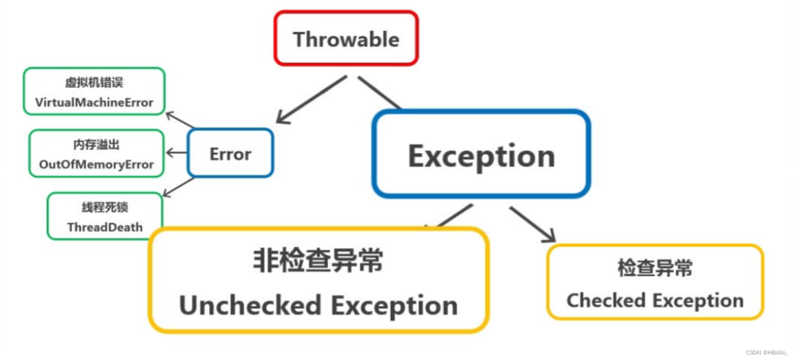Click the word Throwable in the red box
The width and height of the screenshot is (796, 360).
(x=346, y=39)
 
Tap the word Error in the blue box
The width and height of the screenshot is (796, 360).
(x=230, y=154)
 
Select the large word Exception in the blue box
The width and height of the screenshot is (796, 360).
(x=481, y=156)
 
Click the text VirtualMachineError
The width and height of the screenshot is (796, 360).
(x=94, y=102)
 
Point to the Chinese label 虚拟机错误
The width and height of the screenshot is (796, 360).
(x=94, y=82)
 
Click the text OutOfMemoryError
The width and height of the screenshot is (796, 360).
(x=96, y=164)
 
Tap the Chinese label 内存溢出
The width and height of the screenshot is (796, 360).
(x=96, y=145)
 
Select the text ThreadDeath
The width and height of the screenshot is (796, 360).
(x=105, y=227)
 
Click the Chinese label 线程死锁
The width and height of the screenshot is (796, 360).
(x=105, y=207)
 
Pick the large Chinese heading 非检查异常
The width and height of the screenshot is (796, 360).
(x=318, y=261)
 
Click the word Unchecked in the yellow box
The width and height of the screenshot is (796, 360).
(x=250, y=305)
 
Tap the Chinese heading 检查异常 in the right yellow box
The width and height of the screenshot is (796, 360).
(x=655, y=268)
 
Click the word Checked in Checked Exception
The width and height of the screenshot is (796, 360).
(x=606, y=301)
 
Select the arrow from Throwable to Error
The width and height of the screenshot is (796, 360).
(x=311, y=99)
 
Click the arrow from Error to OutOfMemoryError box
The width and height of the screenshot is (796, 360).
(x=176, y=153)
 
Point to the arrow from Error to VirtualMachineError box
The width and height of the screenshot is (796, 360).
(x=180, y=120)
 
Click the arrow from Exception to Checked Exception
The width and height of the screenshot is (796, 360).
(x=532, y=224)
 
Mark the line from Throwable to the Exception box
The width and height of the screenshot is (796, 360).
(x=379, y=92)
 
